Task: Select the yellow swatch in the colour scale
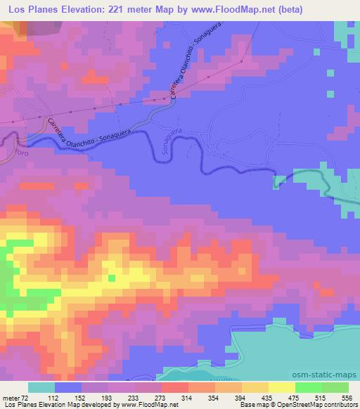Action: [x=282, y=387]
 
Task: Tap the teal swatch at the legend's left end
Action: [x=41, y=387]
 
